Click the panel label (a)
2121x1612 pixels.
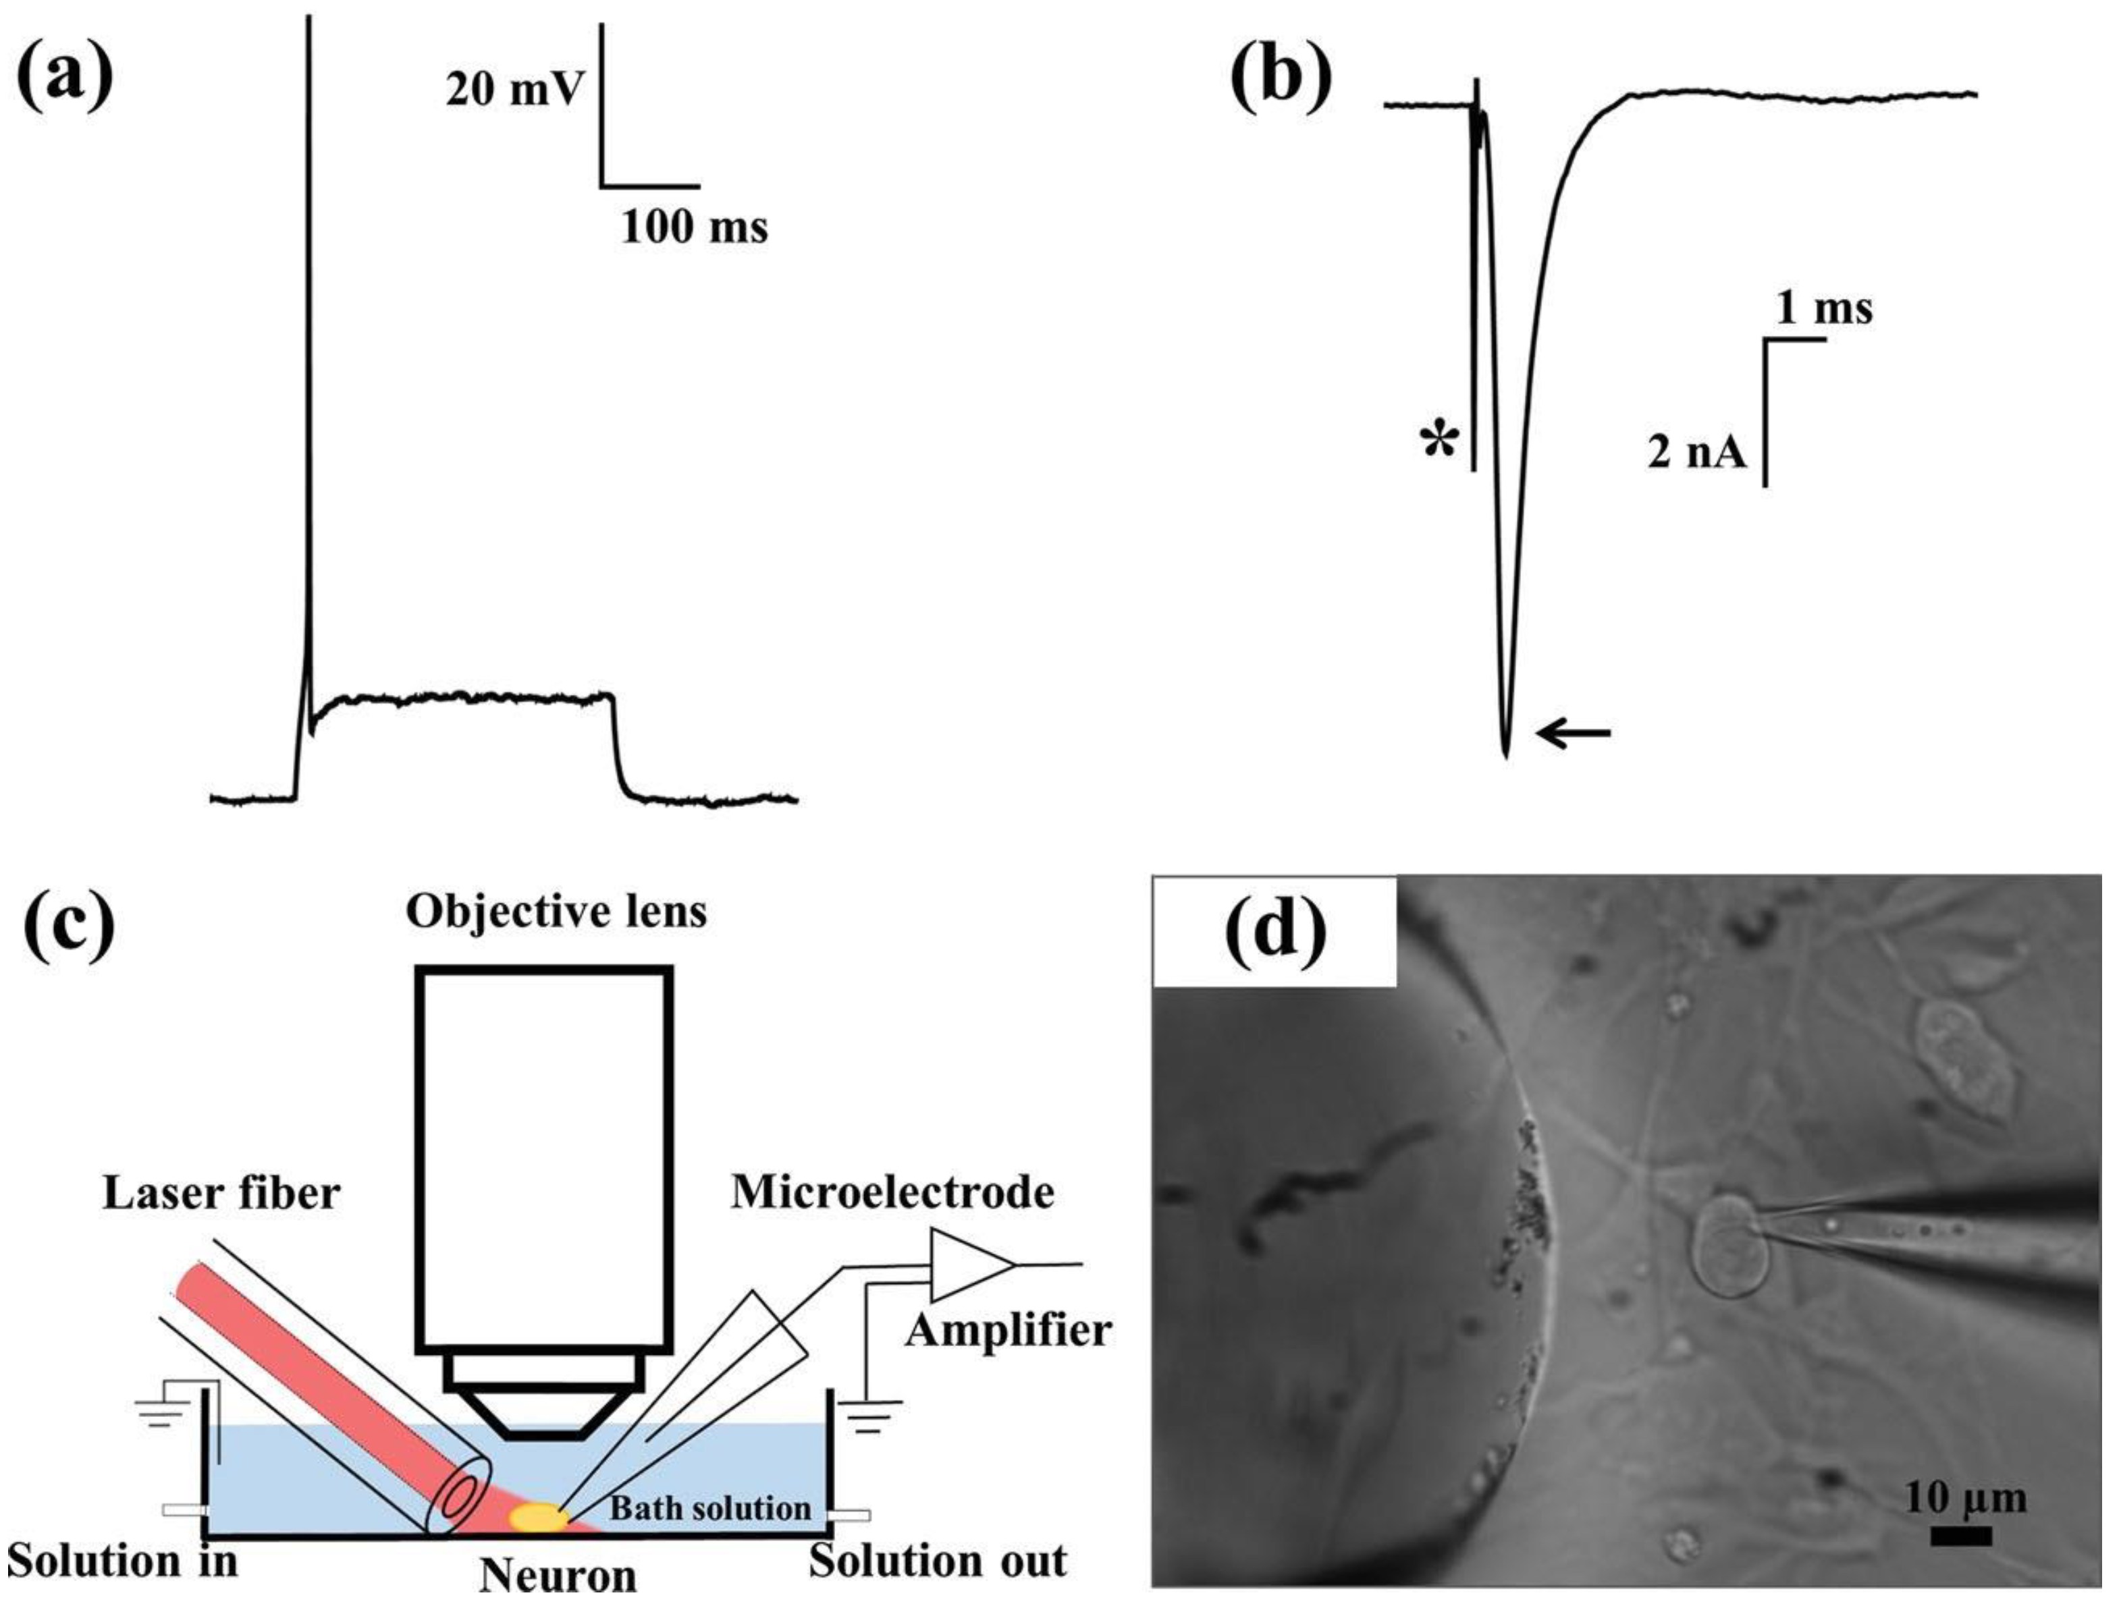pos(65,79)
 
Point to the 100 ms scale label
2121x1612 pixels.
pos(694,227)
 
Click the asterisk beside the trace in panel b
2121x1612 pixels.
pos(1439,443)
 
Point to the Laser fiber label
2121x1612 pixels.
pos(221,1194)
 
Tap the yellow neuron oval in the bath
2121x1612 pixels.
pos(537,1517)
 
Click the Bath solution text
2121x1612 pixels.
pos(710,1508)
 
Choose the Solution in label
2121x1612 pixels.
pos(123,1561)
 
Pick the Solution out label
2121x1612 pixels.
pos(937,1561)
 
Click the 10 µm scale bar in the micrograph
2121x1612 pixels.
pos(1961,1536)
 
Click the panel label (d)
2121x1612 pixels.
pos(1274,930)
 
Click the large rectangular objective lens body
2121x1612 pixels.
pos(543,1161)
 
